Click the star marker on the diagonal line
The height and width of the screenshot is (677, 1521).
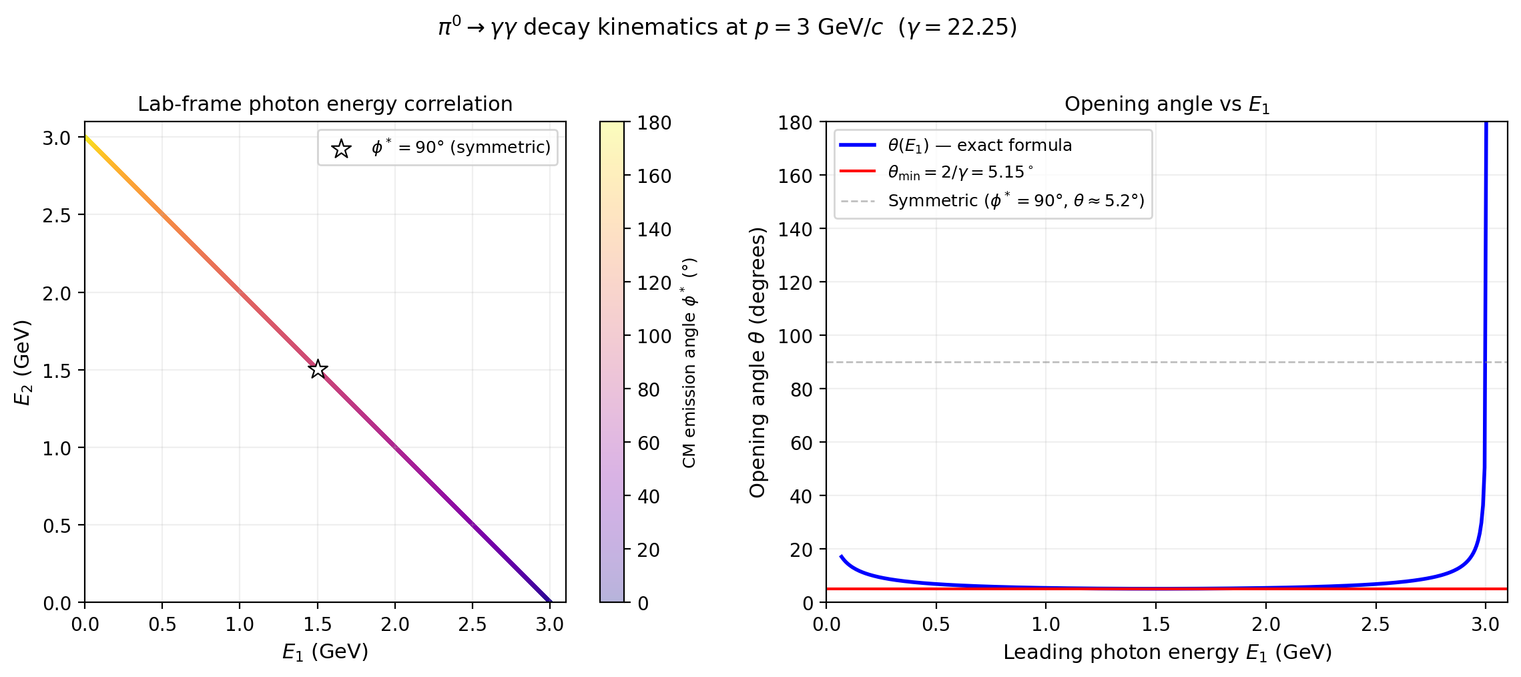318,369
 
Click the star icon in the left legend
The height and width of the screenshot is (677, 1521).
341,148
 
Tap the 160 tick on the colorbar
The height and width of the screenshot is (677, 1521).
653,176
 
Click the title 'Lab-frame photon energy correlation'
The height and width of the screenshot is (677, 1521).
325,104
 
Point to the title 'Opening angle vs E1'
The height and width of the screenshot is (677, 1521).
1166,104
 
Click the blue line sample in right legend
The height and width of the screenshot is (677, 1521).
857,145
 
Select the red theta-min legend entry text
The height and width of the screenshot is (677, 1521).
960,172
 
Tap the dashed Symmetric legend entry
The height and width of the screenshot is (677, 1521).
1015,200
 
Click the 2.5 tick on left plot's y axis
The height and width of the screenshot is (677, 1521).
57,215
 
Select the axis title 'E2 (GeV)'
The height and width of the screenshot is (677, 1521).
23,363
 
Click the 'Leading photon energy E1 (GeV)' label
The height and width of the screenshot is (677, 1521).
1167,652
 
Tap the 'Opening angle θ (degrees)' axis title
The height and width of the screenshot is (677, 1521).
757,363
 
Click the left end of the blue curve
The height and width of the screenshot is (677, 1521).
841,556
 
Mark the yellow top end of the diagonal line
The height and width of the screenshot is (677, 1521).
87,139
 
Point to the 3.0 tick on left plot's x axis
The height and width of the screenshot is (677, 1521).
549,625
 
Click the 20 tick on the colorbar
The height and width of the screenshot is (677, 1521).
648,550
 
